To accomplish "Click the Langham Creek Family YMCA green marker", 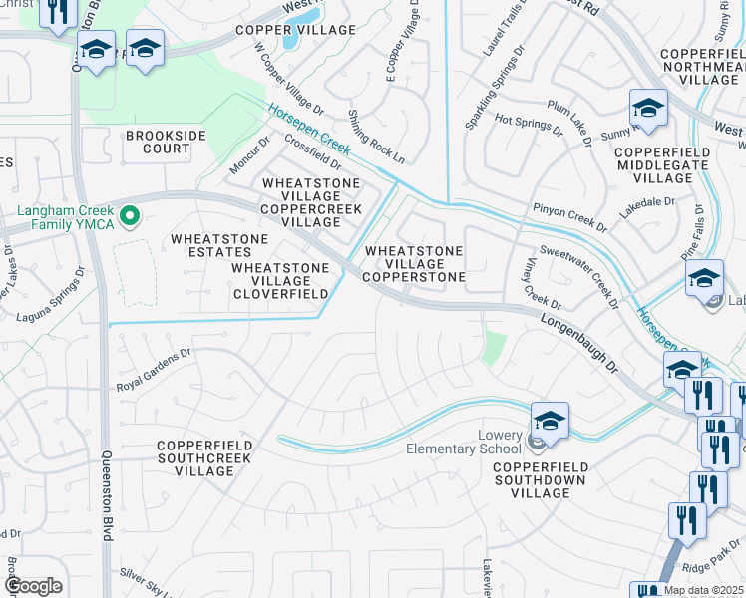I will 129,214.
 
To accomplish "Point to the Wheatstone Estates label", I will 219,246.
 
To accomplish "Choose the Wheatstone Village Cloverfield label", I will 280,281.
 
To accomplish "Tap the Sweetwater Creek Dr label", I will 575,276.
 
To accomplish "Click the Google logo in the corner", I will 33,586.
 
